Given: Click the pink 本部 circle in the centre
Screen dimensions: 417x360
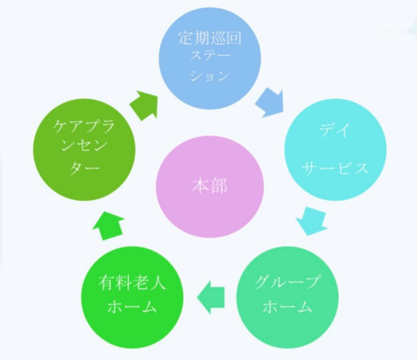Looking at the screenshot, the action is click(210, 187).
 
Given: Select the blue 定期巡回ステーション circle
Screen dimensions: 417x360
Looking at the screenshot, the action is click(210, 59).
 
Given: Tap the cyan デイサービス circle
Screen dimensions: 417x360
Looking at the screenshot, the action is click(336, 150).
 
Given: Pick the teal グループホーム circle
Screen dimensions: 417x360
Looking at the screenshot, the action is click(287, 298).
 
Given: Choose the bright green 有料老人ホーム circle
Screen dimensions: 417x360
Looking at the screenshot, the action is click(132, 298).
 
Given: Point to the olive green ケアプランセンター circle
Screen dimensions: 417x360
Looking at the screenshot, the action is click(84, 150).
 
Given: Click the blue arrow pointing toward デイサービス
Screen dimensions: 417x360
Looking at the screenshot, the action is click(270, 104).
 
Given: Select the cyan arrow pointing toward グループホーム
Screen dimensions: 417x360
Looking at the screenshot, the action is click(311, 221).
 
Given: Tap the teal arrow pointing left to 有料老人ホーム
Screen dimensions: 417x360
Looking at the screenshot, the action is click(211, 298).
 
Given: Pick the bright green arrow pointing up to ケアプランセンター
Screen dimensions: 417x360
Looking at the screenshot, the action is click(109, 226).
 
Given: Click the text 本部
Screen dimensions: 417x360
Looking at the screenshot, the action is click(210, 186).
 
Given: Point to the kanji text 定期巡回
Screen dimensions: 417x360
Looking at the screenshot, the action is click(210, 38).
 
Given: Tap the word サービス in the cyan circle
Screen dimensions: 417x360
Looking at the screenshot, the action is click(336, 169).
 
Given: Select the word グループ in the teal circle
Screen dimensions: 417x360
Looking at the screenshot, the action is click(287, 282).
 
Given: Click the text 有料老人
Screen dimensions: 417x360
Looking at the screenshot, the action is click(132, 282).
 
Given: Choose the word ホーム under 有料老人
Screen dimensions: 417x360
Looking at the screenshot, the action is click(132, 307).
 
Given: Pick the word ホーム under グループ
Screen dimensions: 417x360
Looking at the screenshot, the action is click(287, 307).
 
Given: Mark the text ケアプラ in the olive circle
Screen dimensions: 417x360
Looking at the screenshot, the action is click(84, 127).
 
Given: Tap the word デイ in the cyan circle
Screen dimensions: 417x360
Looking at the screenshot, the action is click(335, 130).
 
